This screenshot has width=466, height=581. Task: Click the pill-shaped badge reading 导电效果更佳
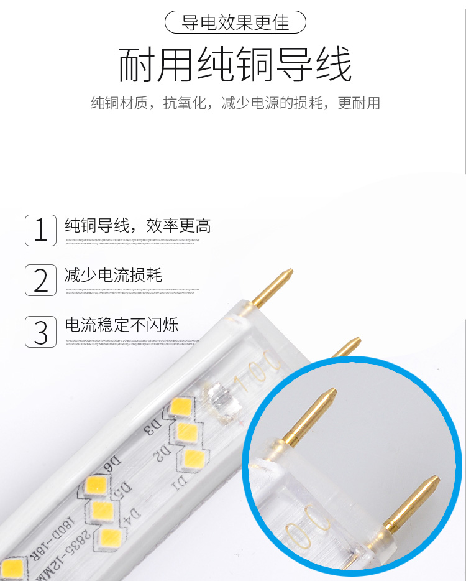click(x=235, y=22)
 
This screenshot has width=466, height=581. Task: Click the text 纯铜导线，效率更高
click(x=138, y=225)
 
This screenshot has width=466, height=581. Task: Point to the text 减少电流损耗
click(x=114, y=274)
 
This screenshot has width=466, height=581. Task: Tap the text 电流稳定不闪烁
click(x=122, y=324)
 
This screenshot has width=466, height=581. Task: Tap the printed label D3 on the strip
click(x=152, y=427)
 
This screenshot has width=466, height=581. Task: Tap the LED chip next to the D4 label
click(x=111, y=537)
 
